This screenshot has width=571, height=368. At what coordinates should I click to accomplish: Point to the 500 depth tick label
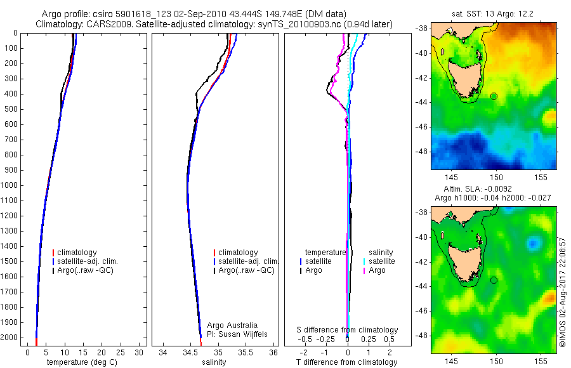(x=11, y=109)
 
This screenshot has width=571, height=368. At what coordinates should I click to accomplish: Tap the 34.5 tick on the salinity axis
(x=191, y=352)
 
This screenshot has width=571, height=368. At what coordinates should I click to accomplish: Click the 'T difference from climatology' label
(x=346, y=362)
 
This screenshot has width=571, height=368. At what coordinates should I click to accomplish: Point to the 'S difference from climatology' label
(x=348, y=330)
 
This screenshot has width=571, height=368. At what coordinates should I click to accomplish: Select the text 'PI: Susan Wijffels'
(x=237, y=334)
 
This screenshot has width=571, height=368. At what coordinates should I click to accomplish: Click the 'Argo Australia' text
(x=233, y=325)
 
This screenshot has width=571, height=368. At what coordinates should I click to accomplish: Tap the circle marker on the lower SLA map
(x=494, y=280)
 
